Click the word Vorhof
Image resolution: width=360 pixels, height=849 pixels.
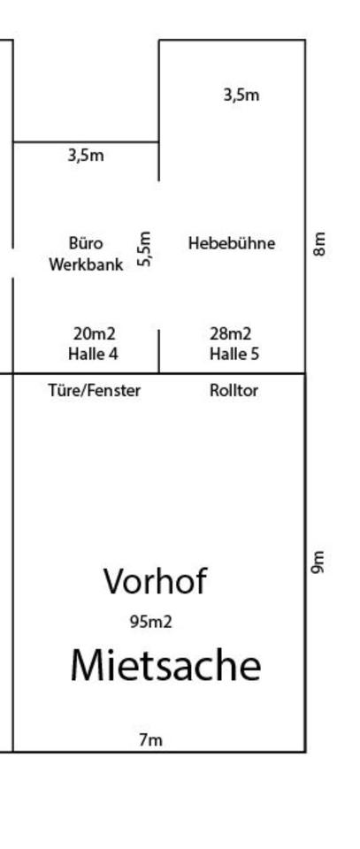click(155, 581)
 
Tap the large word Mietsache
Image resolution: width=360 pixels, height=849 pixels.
click(165, 665)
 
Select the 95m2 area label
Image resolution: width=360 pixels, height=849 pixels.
click(151, 622)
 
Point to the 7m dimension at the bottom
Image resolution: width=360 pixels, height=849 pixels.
click(150, 739)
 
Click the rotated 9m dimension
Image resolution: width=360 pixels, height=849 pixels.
click(318, 562)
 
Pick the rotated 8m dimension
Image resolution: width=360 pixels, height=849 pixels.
click(319, 244)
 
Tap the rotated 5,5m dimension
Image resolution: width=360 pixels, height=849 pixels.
click(144, 249)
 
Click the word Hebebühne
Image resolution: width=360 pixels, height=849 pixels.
click(232, 243)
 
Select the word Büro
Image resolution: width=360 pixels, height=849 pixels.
click(86, 242)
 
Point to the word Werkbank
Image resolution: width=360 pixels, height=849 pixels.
click(86, 264)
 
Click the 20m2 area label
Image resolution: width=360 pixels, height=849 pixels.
click(94, 333)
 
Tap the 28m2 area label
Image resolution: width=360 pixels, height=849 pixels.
click(231, 333)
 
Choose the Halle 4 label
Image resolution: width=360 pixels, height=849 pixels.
click(93, 354)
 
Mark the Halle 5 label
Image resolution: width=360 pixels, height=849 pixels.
click(234, 354)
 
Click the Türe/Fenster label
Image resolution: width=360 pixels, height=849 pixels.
click(94, 390)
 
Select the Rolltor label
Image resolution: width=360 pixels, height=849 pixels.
click(234, 390)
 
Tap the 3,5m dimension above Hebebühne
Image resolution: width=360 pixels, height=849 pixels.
click(241, 96)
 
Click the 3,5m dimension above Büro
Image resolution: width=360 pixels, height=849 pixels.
click(86, 156)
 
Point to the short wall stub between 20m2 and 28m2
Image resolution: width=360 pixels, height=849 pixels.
click(158, 351)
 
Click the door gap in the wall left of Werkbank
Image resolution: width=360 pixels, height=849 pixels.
click(13, 264)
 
